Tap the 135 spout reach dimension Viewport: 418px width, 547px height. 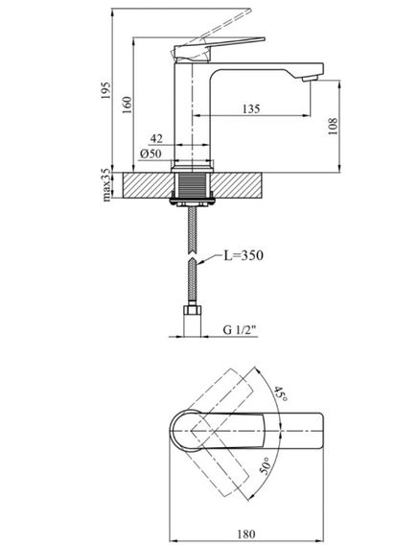(x=251, y=108)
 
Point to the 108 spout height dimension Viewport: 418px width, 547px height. (x=333, y=127)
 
